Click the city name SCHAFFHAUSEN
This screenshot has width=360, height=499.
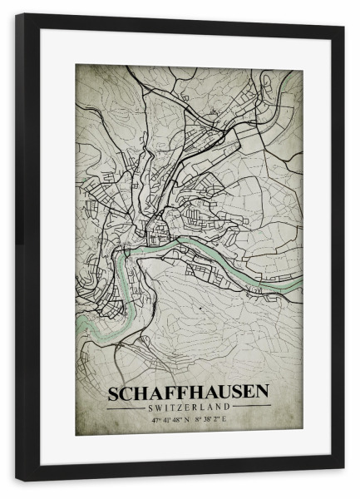point(188,390)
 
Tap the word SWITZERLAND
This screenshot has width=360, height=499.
point(188,407)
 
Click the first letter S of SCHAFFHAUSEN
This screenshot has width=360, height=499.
point(112,390)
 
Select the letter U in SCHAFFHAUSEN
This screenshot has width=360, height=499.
point(219,390)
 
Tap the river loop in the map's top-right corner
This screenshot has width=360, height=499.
point(287,83)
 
